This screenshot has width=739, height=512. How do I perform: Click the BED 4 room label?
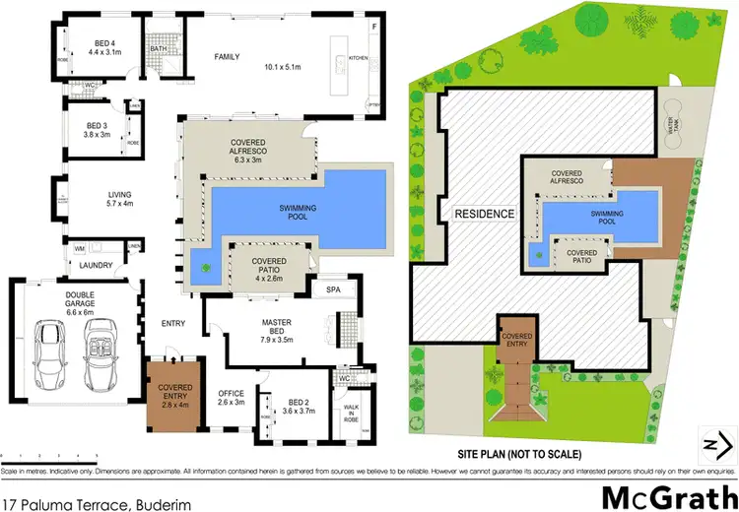(x=103, y=42)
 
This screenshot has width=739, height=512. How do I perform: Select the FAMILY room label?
(x=228, y=57)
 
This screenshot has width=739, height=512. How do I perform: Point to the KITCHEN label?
(x=358, y=59)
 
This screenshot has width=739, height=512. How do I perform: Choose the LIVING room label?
(x=119, y=195)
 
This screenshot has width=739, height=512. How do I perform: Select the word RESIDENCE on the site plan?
(x=484, y=214)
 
